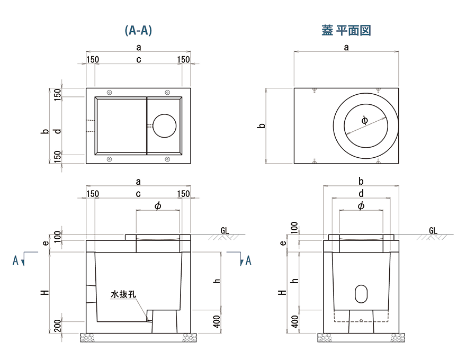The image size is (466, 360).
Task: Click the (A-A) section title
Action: (x=138, y=31)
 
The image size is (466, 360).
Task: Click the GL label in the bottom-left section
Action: (x=225, y=231)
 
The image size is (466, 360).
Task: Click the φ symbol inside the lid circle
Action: (x=364, y=120)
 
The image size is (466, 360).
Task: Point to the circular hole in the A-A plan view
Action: (x=165, y=126)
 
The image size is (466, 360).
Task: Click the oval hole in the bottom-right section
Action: (x=361, y=293)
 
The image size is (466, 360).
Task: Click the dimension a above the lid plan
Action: (x=346, y=47)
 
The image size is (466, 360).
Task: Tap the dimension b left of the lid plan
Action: (x=261, y=126)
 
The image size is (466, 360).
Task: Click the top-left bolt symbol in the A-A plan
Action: (x=109, y=92)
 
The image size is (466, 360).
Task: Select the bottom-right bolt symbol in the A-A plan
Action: (x=167, y=159)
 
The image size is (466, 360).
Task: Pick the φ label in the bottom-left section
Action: (x=157, y=205)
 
